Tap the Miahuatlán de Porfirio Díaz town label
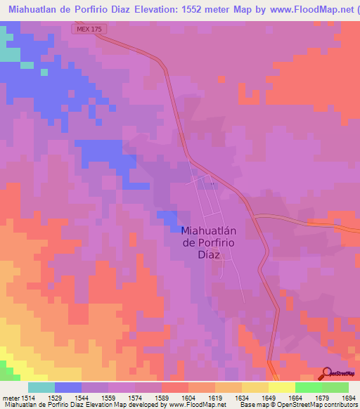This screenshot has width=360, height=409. tap(208, 242)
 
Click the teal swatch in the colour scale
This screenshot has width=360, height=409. tap(41, 387)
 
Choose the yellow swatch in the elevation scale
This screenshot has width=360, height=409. tap(281, 387)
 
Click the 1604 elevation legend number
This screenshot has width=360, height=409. tap(187, 398)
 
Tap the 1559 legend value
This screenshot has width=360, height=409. tap(107, 398)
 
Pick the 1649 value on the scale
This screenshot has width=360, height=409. tap(267, 398)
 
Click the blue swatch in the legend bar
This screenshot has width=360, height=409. tap(68, 387)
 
